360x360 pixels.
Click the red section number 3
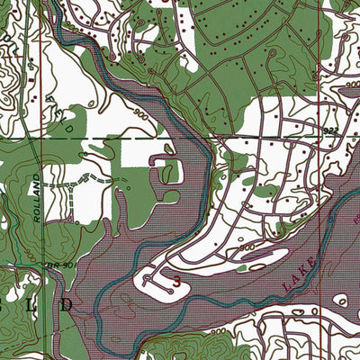[x=176, y=281]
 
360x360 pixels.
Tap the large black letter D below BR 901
[x=68, y=305]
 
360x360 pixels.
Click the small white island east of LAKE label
[x=342, y=300]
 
